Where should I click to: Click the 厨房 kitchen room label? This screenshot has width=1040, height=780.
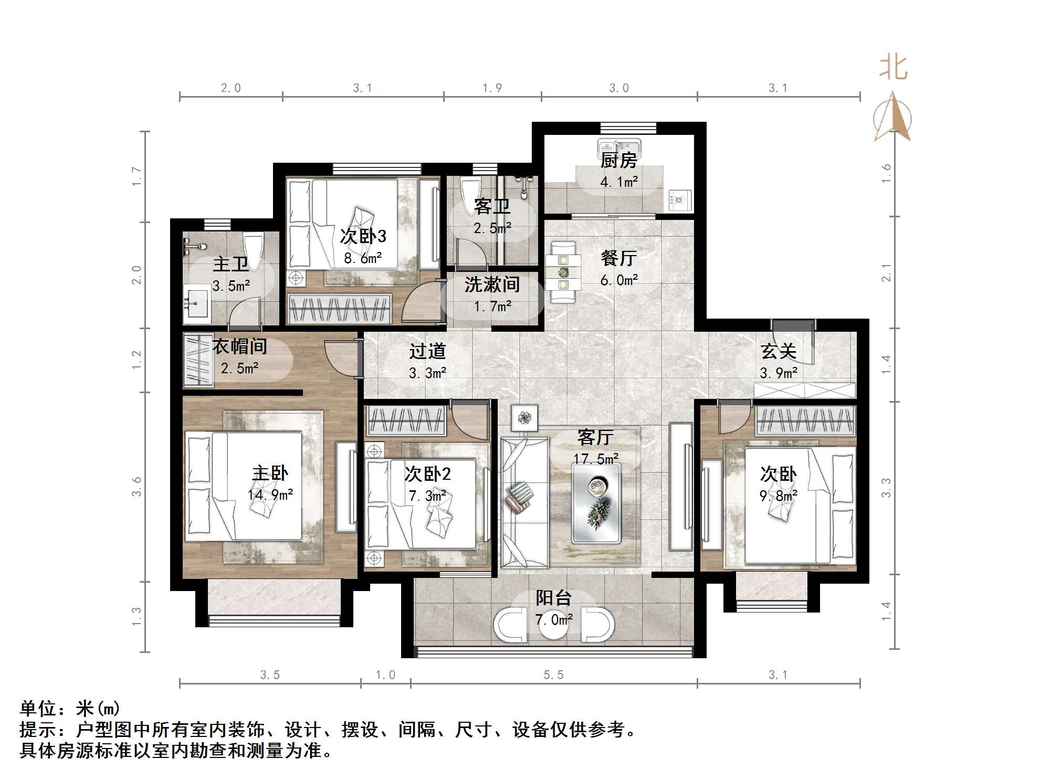618,161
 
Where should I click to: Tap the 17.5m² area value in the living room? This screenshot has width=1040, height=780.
595,459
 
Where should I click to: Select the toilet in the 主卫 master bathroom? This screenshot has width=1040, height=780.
254,251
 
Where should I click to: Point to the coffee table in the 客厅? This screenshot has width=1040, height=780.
596,504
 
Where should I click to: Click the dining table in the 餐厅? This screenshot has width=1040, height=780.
563,272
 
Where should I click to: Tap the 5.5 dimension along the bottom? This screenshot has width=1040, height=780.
553,675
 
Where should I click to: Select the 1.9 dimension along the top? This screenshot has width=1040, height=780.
492,88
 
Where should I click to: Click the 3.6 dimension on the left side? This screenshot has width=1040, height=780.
137,487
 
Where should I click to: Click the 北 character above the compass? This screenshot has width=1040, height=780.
893,68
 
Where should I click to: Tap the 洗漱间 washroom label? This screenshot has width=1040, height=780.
492,284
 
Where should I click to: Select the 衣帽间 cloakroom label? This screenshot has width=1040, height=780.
239,346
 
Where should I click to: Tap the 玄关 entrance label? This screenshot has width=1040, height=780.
778,351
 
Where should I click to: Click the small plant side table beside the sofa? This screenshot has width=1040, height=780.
524,418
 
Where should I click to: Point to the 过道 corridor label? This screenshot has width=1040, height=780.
427,351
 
